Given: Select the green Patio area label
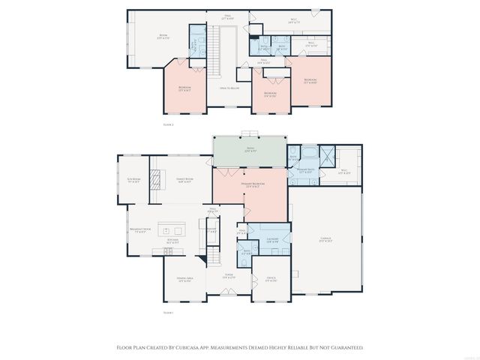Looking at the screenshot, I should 250,149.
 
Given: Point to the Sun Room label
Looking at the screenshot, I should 133,181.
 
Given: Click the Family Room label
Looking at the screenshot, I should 184,179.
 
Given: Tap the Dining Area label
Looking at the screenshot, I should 184,280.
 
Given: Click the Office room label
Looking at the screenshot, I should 271,279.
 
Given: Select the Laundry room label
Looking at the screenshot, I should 271,240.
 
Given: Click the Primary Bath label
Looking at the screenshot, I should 304,172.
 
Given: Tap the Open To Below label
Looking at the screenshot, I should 229,88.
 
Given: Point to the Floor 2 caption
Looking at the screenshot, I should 168,124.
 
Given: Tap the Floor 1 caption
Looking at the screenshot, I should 168,312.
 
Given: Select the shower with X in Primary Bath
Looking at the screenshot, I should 327,154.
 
